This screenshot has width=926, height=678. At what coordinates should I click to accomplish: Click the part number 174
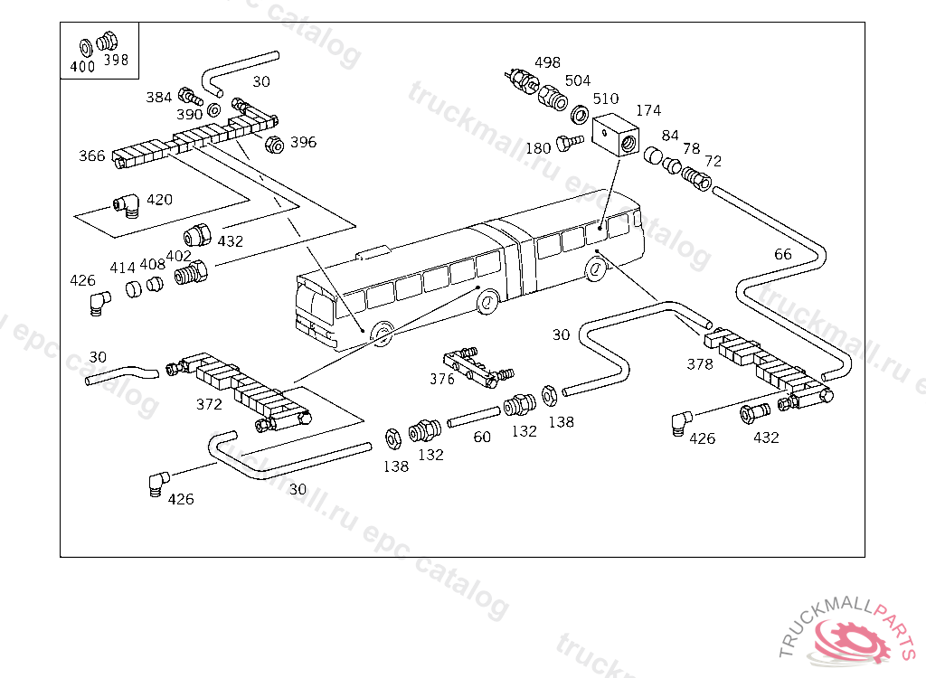648,111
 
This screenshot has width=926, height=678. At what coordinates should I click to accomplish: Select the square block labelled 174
616,136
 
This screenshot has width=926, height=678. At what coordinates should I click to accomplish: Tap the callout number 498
547,62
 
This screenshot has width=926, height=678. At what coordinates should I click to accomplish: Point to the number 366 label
91,156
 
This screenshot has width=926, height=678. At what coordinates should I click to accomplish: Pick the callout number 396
303,142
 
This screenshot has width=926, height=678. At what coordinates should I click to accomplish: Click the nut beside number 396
274,144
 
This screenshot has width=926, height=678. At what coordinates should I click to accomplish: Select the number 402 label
178,256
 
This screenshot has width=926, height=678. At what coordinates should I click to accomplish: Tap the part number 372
209,404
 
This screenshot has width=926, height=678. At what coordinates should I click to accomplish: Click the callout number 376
442,379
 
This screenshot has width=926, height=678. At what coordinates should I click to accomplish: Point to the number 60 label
482,438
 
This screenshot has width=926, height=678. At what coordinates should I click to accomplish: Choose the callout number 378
700,364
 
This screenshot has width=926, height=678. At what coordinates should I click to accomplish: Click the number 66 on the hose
782,254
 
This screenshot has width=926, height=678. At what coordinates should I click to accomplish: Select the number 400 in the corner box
82,65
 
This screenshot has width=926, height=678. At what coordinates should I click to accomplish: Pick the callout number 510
606,99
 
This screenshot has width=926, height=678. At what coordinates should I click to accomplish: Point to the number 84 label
670,136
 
